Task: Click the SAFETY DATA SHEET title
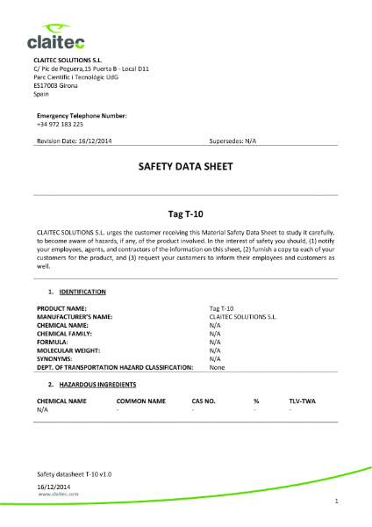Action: point(185,165)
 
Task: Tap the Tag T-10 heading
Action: point(185,213)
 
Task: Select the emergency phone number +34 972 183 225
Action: point(61,124)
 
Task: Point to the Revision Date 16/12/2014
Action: point(74,141)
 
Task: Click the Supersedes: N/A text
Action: point(232,141)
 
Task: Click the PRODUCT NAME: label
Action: point(61,309)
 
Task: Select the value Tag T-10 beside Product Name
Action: point(221,309)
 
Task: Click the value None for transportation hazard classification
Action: point(217,367)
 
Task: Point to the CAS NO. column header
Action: point(204,401)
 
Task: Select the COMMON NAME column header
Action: point(140,401)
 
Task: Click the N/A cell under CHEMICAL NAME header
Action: point(42,409)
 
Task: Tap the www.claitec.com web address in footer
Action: point(58,495)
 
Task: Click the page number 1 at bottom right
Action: point(337,501)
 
